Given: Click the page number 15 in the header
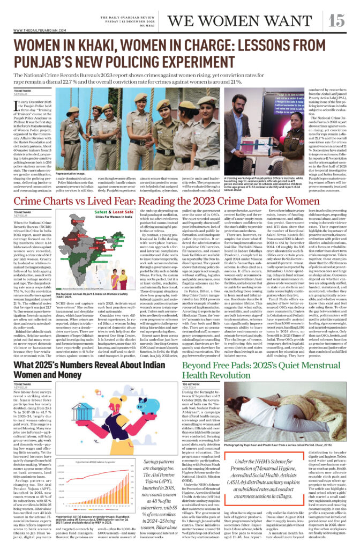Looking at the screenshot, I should click(337, 20).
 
